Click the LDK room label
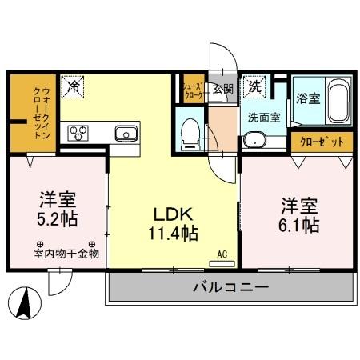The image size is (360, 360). coord(170,214)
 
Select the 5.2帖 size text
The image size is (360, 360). coord(58,218)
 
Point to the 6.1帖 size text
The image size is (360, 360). coord(299,225)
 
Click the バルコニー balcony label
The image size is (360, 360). coord(229,288)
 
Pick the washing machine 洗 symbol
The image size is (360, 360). coord(254,86)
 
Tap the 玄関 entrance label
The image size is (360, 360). coord(222,89)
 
